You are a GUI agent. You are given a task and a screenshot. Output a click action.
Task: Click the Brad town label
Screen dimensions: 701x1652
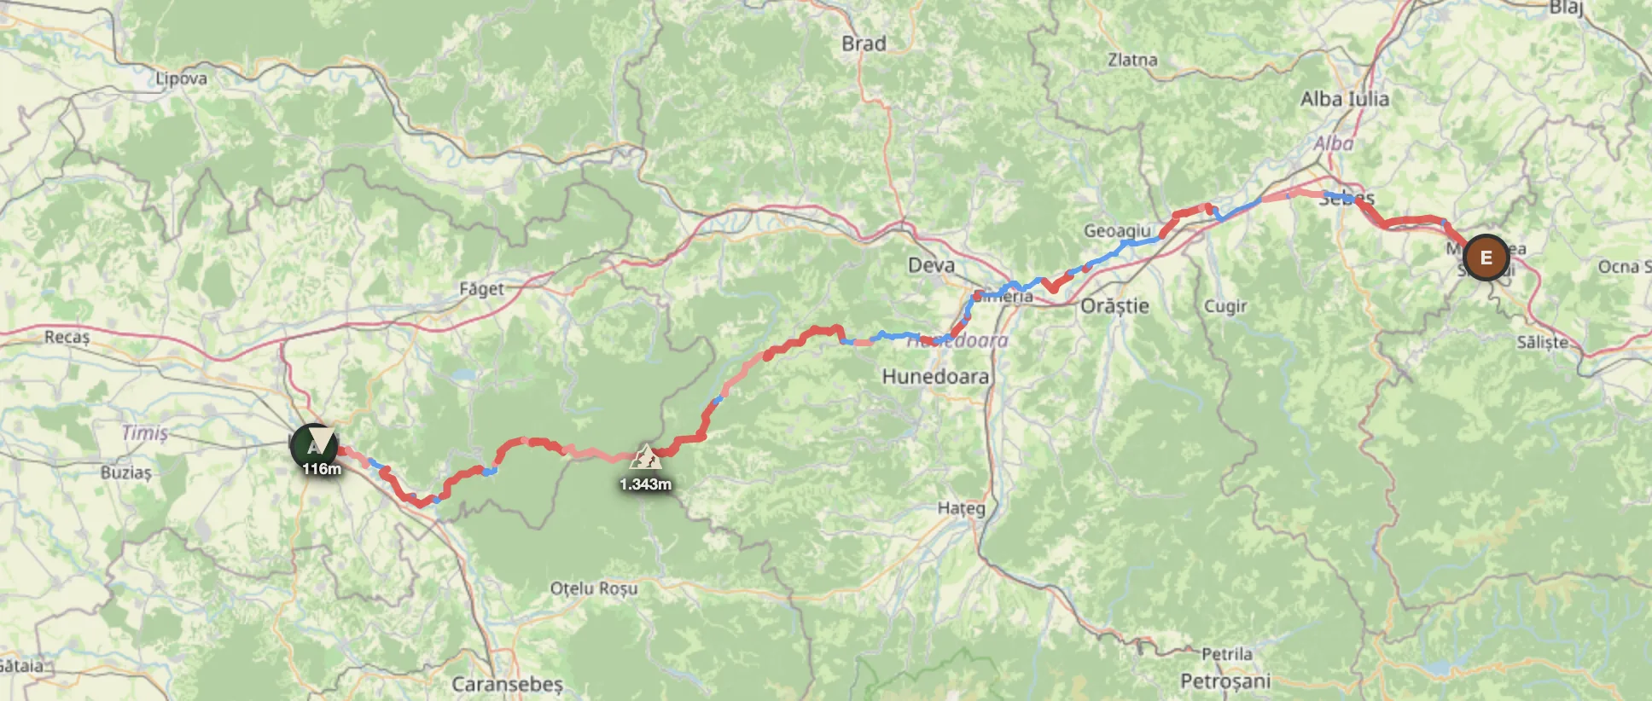coord(864,43)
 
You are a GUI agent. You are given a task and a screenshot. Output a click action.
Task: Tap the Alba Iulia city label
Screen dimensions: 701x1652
coord(1344,100)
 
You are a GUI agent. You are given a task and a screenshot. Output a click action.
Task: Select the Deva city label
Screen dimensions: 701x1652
coord(931,265)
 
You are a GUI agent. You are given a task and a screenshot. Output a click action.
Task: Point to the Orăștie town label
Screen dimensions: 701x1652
coord(1114,306)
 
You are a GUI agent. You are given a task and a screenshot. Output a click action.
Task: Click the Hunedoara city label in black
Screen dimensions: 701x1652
coord(935,376)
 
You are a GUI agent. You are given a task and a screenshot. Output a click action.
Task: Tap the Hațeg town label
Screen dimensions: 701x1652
coord(961,508)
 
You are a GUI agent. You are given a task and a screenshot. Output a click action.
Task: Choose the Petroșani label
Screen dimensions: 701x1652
coord(1225,681)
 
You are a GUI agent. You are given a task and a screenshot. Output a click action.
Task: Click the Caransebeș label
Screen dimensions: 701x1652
coord(507,684)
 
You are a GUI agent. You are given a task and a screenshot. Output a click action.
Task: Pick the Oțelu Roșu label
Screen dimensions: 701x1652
coord(594,588)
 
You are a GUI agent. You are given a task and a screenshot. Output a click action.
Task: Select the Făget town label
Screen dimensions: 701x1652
coord(481,289)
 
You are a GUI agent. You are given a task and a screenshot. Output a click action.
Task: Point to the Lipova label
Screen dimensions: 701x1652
coord(181,78)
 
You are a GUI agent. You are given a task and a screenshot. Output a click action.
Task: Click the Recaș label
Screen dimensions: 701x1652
coord(67,337)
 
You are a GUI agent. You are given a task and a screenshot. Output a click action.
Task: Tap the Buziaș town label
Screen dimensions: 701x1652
coord(125,472)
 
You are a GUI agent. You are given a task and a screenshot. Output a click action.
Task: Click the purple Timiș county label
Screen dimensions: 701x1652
coord(144,432)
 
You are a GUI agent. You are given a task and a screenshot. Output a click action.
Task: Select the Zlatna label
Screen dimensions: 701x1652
coord(1132,60)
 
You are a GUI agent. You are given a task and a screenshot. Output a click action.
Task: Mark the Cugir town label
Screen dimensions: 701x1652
coord(1225,306)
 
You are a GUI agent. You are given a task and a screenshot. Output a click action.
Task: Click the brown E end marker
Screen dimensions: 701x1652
coord(1486,257)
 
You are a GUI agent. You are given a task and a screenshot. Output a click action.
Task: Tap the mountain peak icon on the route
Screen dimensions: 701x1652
coord(645,458)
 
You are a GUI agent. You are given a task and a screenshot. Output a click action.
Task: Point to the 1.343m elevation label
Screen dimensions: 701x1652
coord(645,484)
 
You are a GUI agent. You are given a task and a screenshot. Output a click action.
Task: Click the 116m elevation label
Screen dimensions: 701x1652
coord(321,469)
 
